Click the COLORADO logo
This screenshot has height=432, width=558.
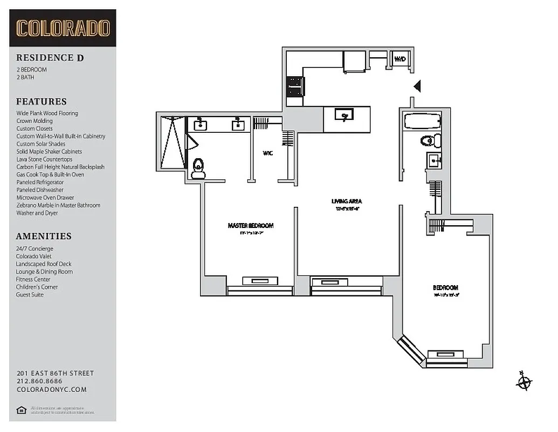63,28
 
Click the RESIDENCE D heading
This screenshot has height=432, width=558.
50,58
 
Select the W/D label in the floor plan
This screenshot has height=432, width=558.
399,59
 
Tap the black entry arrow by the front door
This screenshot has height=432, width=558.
416,86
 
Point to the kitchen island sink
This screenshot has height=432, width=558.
343,115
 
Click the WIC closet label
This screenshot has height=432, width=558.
267,153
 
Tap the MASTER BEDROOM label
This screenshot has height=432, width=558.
250,226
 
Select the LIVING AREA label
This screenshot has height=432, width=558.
347,201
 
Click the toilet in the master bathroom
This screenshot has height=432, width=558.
198,167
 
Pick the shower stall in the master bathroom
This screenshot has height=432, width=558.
172,141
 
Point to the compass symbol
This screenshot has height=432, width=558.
523,382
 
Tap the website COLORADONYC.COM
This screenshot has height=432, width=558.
51,389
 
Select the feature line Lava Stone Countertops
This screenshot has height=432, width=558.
44,159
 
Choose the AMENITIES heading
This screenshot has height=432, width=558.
44,236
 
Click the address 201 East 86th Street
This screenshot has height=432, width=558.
55,373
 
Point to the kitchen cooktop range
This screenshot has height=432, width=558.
294,86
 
